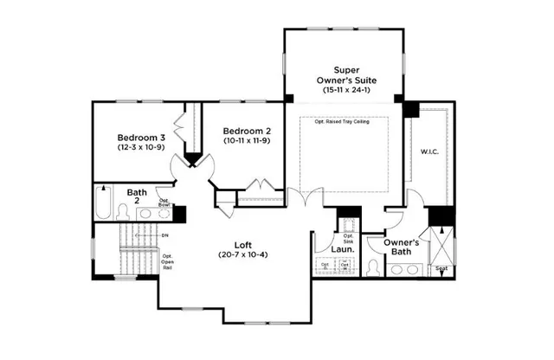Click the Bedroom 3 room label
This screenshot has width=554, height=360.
pos(142,137)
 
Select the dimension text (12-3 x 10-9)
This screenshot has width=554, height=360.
pos(142,148)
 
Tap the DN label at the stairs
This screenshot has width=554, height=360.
pos(164,234)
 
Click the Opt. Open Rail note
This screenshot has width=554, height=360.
pos(168,261)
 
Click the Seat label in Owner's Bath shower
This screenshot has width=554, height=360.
pos(441,269)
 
